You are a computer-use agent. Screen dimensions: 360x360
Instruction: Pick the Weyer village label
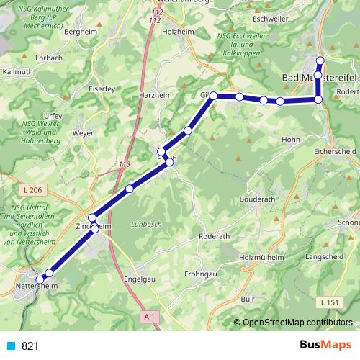(x=84, y=133)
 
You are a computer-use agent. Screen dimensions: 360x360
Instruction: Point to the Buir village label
(x=248, y=297)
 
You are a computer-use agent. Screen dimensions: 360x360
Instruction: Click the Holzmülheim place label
(x=261, y=256)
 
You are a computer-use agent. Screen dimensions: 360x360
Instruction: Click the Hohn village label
(x=290, y=139)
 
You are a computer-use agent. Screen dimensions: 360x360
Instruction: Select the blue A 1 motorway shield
(x=149, y=316)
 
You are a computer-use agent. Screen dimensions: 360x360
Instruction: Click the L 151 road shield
(x=330, y=302)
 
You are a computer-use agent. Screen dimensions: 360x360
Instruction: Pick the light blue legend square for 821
(x=11, y=346)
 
